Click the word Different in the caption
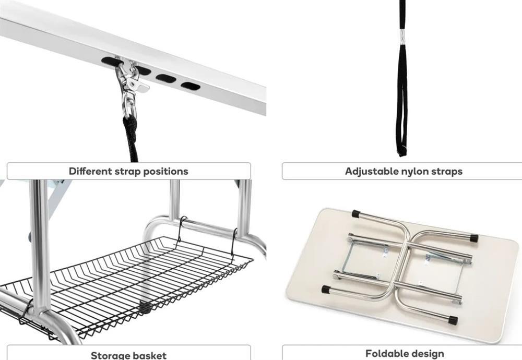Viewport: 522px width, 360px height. pyautogui.click(x=90, y=171)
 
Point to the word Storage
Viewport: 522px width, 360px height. pyautogui.click(x=111, y=355)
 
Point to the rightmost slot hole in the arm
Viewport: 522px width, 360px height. pyautogui.click(x=191, y=86)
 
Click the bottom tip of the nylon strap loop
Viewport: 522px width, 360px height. pyautogui.click(x=402, y=154)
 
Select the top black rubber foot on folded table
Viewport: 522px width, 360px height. pyautogui.click(x=357, y=213)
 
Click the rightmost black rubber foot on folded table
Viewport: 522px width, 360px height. pyautogui.click(x=473, y=238)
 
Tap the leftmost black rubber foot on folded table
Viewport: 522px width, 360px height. pyautogui.click(x=326, y=290)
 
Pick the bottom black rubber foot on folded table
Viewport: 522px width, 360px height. pyautogui.click(x=453, y=320)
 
